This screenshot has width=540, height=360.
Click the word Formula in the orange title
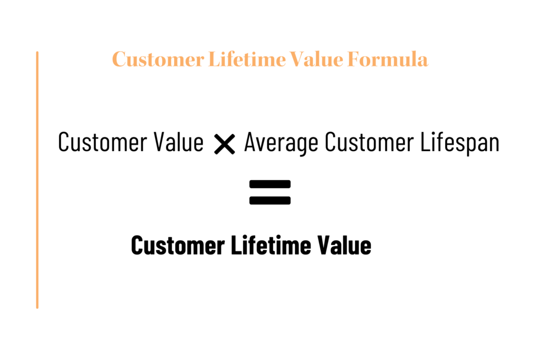[388, 59]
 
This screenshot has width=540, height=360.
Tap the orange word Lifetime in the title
[247, 59]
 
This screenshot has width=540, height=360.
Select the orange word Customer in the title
[158, 59]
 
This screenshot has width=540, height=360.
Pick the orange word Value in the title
[316, 59]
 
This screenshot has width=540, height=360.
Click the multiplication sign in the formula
[225, 144]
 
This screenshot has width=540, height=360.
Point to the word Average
[281, 142]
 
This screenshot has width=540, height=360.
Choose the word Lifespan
[460, 142]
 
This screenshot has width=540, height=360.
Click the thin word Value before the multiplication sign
[178, 142]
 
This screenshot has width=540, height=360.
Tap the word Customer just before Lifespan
[369, 142]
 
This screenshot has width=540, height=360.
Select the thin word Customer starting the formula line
[102, 142]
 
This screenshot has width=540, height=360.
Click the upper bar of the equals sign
[270, 184]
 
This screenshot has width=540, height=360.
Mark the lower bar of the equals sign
[270, 200]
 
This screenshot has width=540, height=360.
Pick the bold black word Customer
[178, 245]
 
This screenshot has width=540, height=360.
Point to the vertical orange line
[37, 180]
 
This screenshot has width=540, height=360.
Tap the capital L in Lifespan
[425, 142]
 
